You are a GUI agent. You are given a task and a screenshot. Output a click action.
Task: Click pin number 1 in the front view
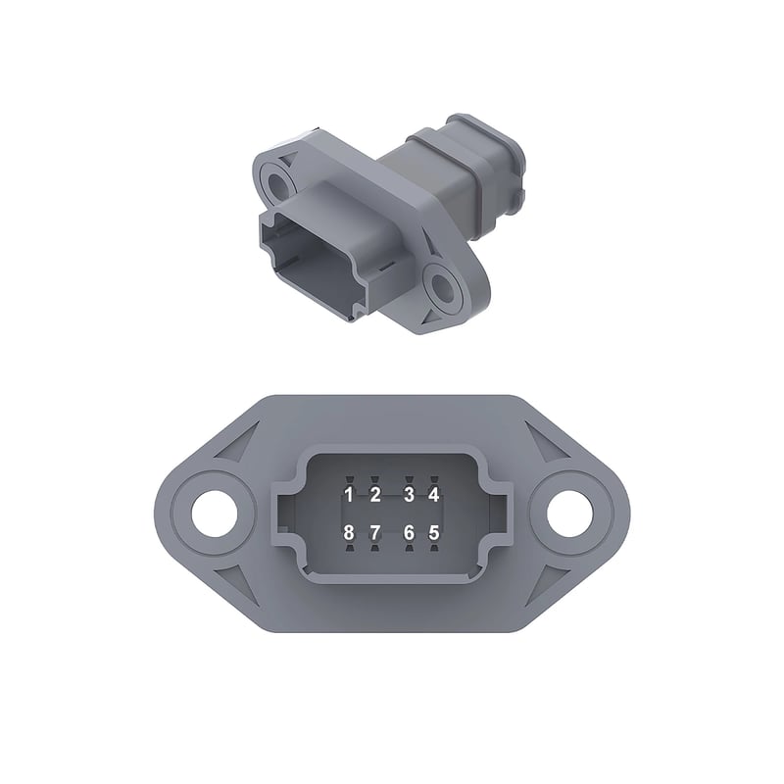click(x=349, y=495)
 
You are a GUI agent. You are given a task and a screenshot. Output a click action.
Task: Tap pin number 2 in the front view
click(x=375, y=495)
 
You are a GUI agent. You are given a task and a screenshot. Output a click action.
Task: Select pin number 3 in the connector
click(x=409, y=495)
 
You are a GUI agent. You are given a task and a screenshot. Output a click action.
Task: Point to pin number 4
click(x=433, y=495)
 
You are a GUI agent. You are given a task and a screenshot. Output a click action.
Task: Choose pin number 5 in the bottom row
click(x=433, y=533)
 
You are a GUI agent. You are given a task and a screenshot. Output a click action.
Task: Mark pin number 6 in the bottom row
click(x=409, y=533)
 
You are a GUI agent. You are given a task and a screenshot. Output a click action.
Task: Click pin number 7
click(x=375, y=533)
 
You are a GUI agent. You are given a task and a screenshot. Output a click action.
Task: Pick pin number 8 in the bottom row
click(x=349, y=533)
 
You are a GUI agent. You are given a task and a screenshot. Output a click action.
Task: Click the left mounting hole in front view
click(x=215, y=514)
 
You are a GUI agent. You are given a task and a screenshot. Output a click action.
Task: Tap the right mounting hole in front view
click(x=569, y=514)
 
